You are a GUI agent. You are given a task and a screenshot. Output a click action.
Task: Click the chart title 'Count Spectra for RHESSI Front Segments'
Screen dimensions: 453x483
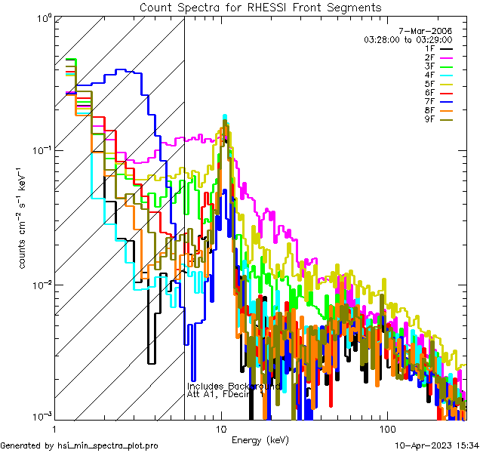[x=260, y=7]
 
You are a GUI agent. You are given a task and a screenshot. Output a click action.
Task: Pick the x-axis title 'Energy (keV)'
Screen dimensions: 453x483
[x=260, y=440]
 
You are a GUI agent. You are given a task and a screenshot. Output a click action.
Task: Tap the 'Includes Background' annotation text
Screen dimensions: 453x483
[x=234, y=386]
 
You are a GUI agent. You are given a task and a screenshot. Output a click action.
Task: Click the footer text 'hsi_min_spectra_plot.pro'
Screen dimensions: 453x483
[x=108, y=446]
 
